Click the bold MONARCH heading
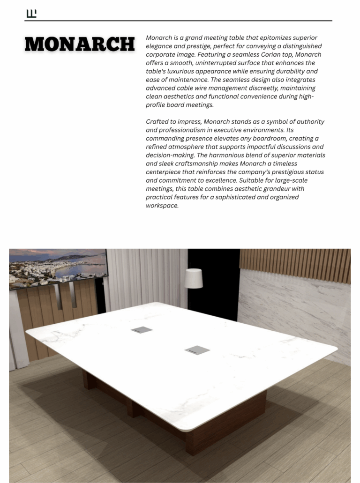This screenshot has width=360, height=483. click(x=80, y=45)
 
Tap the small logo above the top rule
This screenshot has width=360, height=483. click(x=31, y=14)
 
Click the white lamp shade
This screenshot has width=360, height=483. click(x=194, y=278)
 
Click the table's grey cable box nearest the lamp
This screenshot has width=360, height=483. click(x=142, y=330)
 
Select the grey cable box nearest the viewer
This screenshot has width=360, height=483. click(x=197, y=349)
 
